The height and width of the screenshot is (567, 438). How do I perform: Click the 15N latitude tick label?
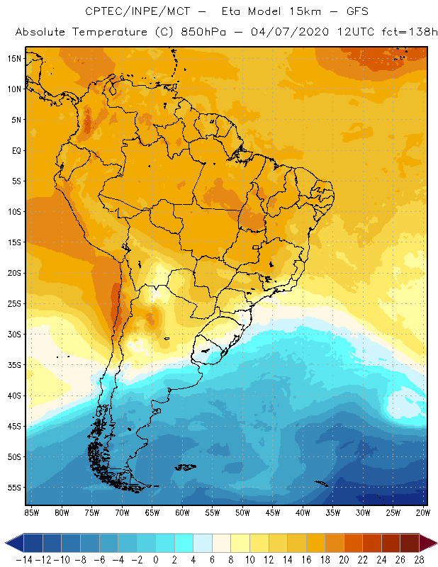(x=14, y=58)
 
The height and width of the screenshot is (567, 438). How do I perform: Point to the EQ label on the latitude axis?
(x=15, y=150)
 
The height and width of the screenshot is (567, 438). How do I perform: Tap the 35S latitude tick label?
(x=14, y=364)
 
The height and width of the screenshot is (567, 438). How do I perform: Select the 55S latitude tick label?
(x=14, y=487)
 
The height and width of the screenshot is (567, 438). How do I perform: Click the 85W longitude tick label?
(x=31, y=512)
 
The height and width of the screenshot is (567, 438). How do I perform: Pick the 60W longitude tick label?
(x=182, y=512)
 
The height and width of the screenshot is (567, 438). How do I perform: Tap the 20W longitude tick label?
(x=424, y=512)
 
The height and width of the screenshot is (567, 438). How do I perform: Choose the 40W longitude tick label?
(x=303, y=512)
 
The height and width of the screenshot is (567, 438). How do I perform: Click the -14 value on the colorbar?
(x=23, y=560)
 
